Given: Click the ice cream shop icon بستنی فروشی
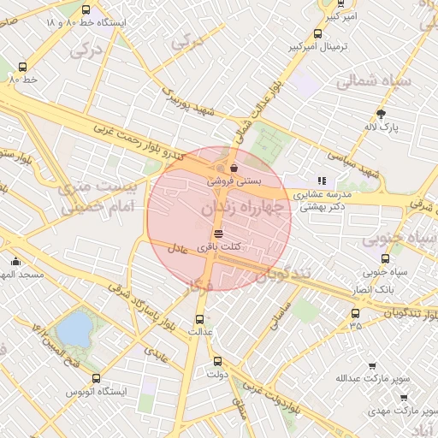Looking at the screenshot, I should [x=234, y=169].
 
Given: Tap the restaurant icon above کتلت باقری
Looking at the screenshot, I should [x=218, y=233].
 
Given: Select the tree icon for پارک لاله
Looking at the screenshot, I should [x=381, y=114].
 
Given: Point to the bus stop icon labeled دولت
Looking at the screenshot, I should [x=216, y=361].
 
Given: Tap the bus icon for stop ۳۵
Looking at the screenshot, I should [x=355, y=313].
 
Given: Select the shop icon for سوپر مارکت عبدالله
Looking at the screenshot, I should [x=372, y=366].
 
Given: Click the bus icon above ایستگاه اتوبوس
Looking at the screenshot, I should [x=95, y=377].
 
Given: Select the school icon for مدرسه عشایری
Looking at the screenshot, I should [x=322, y=181].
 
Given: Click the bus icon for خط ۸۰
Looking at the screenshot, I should [x=22, y=66].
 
